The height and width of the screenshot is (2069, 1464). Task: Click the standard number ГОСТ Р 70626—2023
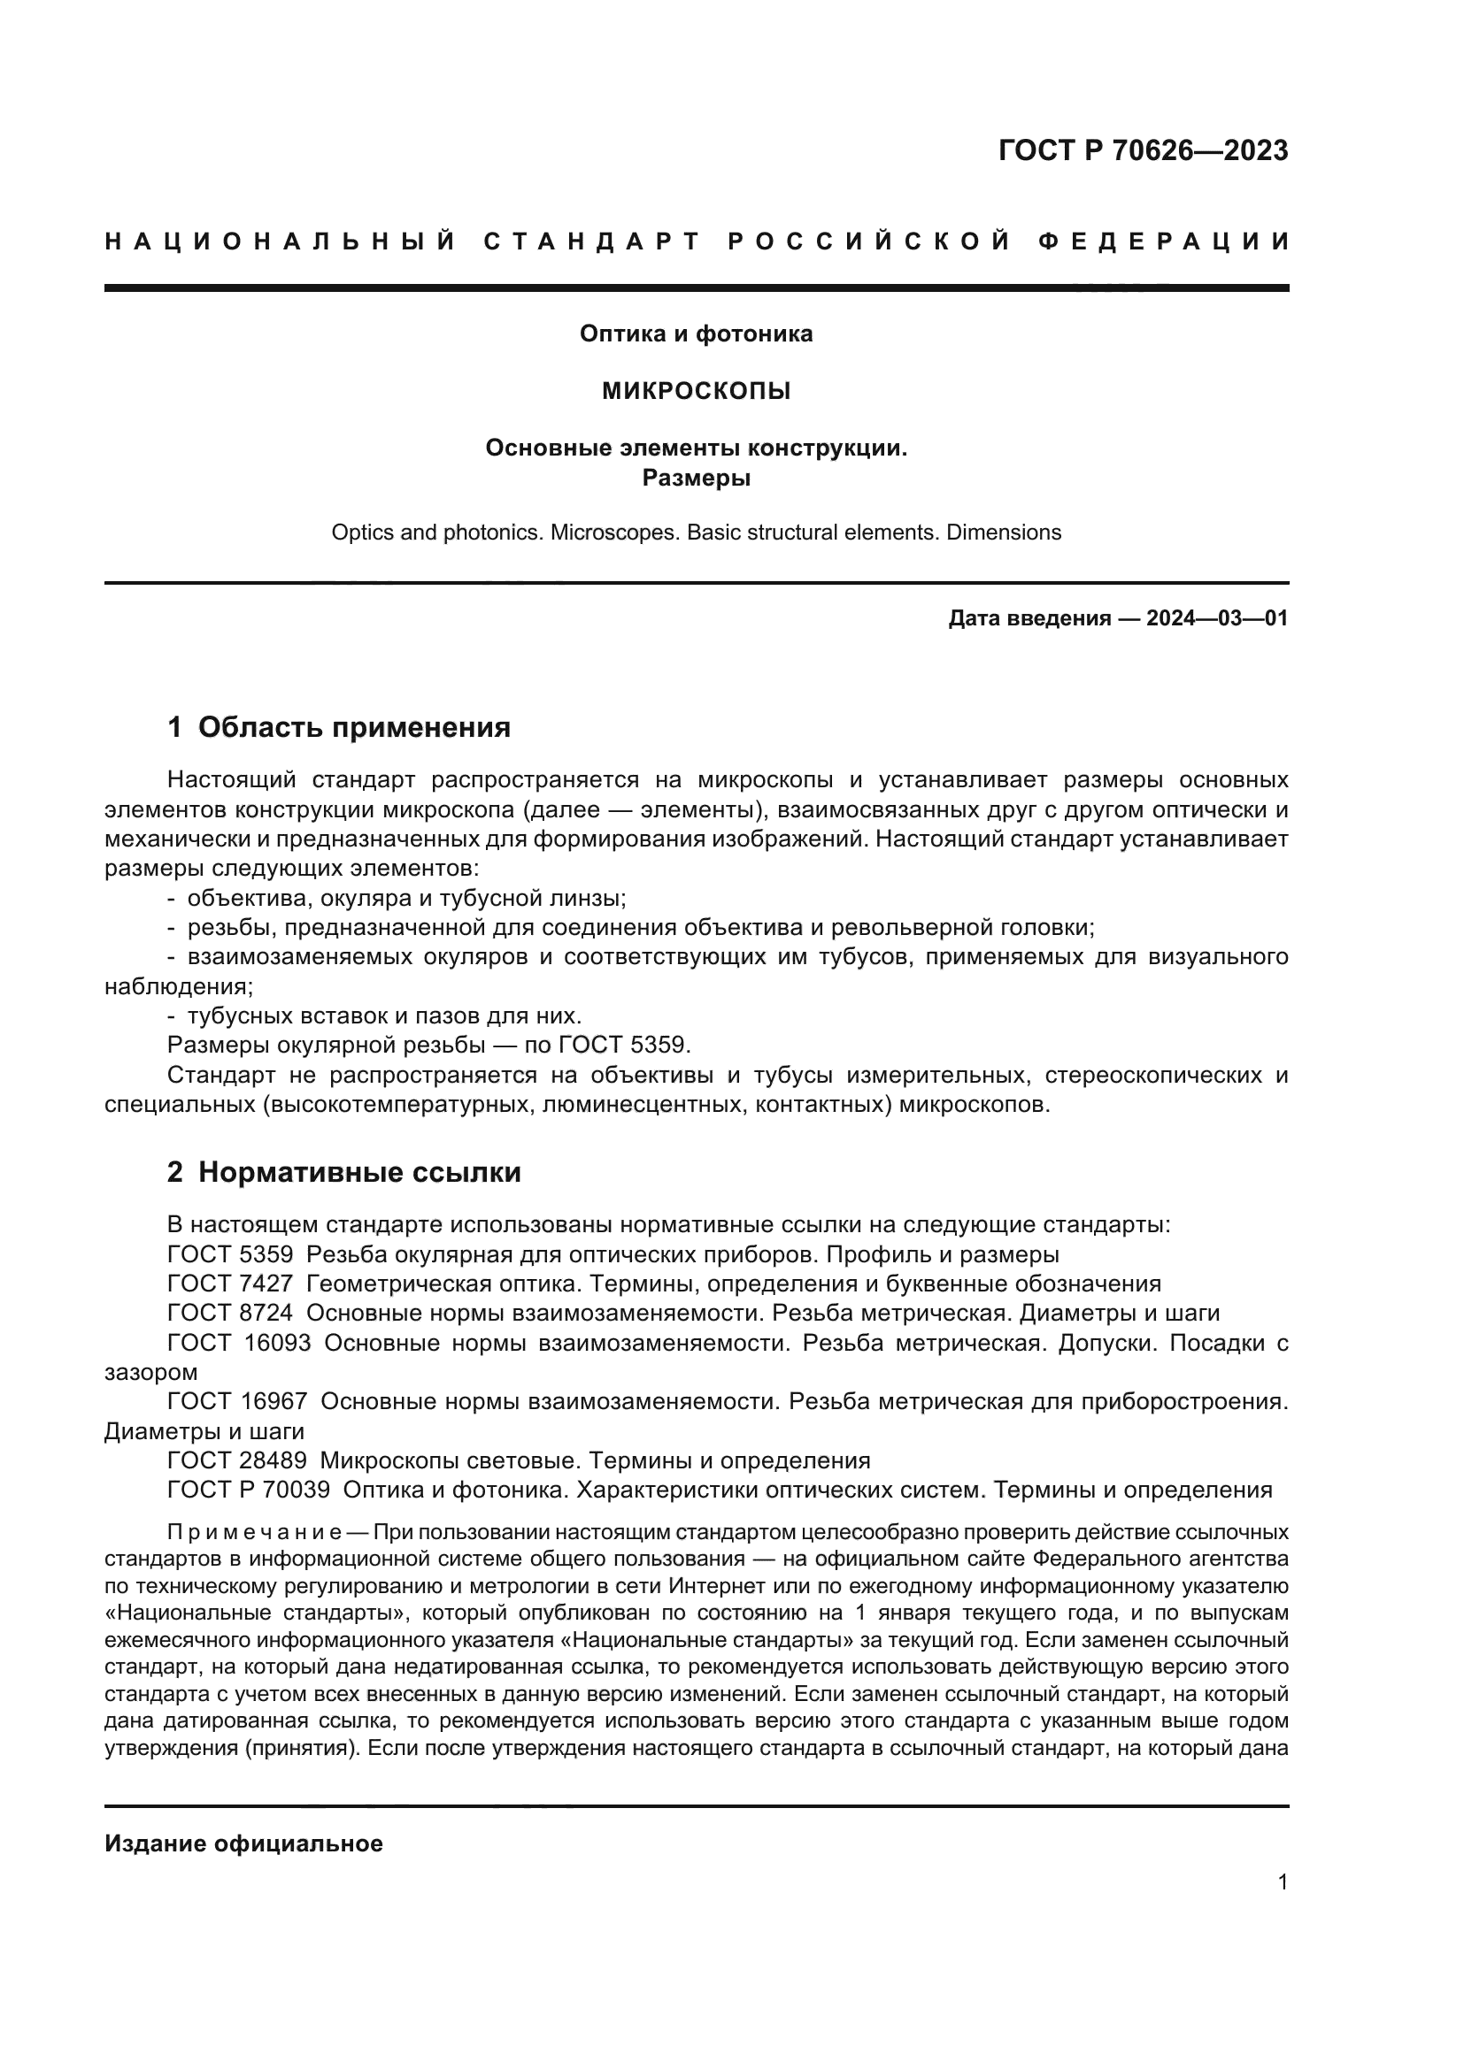tap(1142, 150)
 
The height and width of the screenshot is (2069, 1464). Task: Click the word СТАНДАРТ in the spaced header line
tap(591, 241)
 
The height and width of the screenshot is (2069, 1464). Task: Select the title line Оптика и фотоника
tap(695, 333)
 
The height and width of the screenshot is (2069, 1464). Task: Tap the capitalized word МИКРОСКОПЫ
tap(695, 391)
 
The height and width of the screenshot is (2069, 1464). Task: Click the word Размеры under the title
tap(695, 479)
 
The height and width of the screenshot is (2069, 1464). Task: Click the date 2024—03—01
tap(1216, 618)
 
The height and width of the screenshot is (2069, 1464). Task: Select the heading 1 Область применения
tap(339, 727)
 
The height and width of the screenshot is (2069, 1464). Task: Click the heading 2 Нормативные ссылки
tap(343, 1172)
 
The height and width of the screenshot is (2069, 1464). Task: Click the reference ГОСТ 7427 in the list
tap(230, 1284)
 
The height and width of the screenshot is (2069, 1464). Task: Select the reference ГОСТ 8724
tap(230, 1313)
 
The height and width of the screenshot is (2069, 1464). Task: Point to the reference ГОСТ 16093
tap(239, 1343)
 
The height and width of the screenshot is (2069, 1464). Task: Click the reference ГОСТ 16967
tap(237, 1401)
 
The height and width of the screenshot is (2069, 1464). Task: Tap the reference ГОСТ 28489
tap(237, 1460)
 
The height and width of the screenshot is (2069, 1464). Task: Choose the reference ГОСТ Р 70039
tap(249, 1490)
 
